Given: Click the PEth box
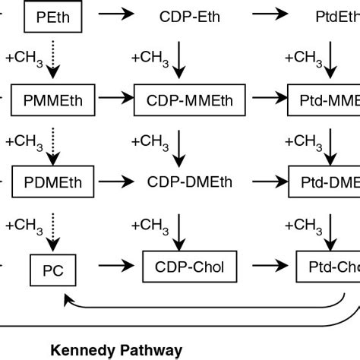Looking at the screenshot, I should [x=52, y=16].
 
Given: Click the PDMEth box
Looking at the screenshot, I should [x=52, y=182].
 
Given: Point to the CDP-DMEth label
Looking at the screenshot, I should [x=186, y=182].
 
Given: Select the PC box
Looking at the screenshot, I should [x=52, y=268].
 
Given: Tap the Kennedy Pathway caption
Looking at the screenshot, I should [x=116, y=350].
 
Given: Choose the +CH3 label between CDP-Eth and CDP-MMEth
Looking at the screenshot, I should [x=150, y=57].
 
